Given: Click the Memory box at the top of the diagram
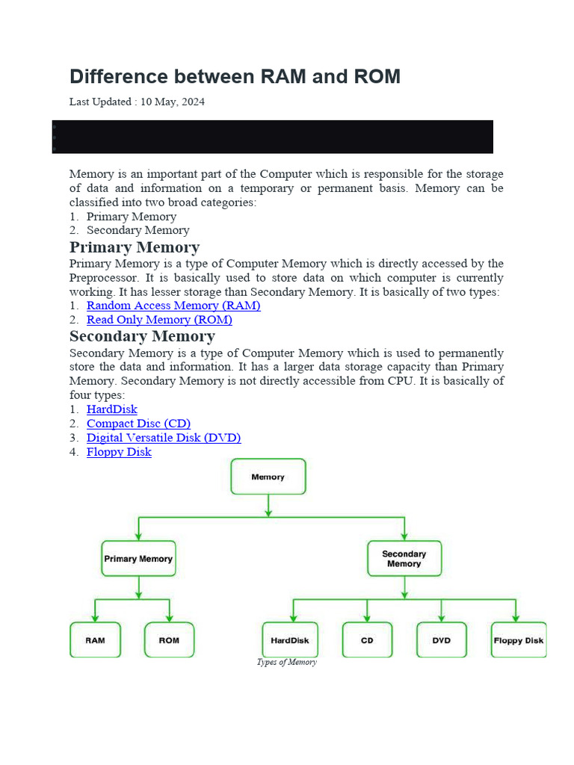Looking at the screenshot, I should tap(268, 477).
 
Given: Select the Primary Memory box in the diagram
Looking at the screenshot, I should tap(138, 559).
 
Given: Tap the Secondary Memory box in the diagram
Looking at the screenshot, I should tap(404, 559).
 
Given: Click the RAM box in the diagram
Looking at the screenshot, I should tap(95, 640).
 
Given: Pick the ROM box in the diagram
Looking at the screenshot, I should tap(169, 640).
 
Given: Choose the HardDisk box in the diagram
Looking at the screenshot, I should tap(290, 640).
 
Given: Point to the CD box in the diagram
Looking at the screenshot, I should tap(367, 640).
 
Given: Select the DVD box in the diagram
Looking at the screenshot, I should tap(442, 640).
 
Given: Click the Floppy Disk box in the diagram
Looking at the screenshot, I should tap(519, 640).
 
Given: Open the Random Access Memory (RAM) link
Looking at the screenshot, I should tap(173, 306).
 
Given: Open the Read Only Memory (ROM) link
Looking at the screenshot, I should tap(159, 320).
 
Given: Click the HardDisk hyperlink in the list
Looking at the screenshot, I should tap(112, 409).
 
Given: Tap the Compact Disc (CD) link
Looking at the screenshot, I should tap(138, 424).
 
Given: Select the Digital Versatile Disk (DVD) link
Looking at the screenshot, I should tap(164, 438).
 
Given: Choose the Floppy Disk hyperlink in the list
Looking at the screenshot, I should tap(119, 452).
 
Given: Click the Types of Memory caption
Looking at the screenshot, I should tap(287, 662).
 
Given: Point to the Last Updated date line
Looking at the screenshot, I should tap(137, 102).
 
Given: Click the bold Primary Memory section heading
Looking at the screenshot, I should tap(135, 247).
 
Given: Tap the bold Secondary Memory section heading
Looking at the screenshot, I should tap(142, 336).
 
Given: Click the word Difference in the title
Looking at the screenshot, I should tap(117, 76).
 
